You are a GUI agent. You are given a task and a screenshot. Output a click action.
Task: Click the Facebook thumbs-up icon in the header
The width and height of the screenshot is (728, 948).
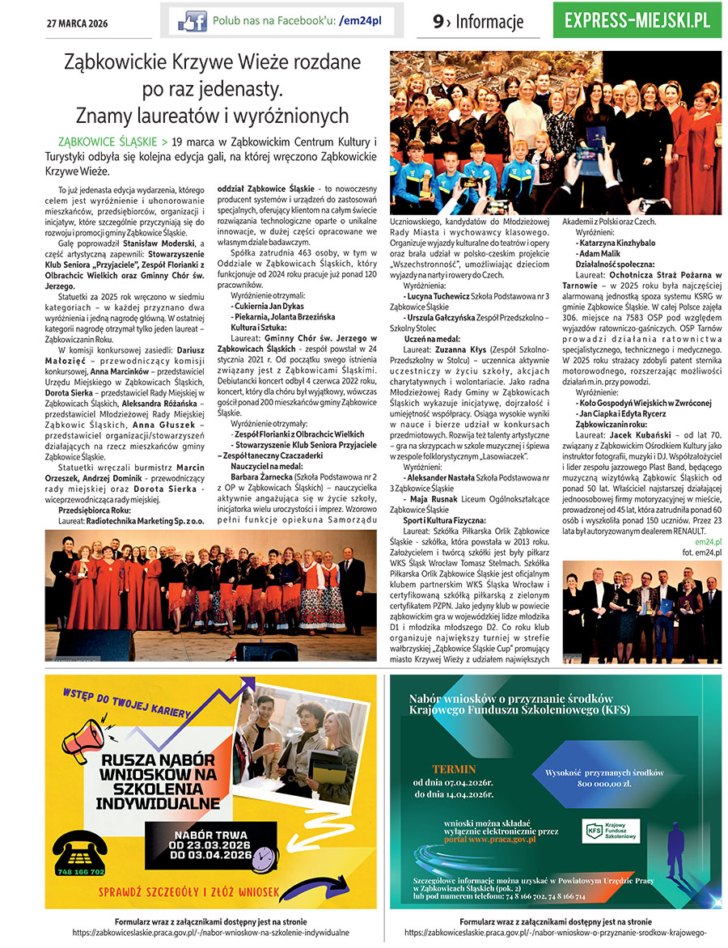click(x=192, y=21)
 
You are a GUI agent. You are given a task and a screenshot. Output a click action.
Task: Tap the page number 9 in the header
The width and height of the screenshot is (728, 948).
click(x=438, y=22)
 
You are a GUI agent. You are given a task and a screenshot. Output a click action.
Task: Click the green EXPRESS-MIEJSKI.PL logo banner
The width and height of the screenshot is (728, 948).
click(x=637, y=20)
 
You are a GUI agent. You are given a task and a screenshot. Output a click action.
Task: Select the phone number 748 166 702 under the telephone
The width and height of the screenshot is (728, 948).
click(x=81, y=872)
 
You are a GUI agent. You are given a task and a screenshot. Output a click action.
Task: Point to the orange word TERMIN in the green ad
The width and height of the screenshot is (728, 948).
click(x=454, y=769)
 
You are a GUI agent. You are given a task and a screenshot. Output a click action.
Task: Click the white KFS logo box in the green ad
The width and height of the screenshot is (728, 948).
click(x=610, y=830)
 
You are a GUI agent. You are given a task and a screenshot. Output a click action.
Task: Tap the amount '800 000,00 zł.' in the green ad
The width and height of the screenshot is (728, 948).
click(x=608, y=784)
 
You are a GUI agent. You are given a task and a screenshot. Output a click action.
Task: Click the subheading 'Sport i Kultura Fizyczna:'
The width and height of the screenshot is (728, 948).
click(x=443, y=521)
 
